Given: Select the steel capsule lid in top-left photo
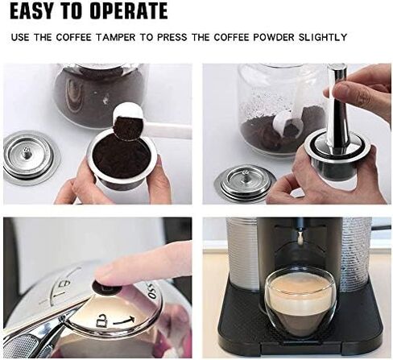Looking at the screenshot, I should coord(31,157).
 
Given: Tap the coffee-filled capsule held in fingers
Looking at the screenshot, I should coord(121,161).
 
